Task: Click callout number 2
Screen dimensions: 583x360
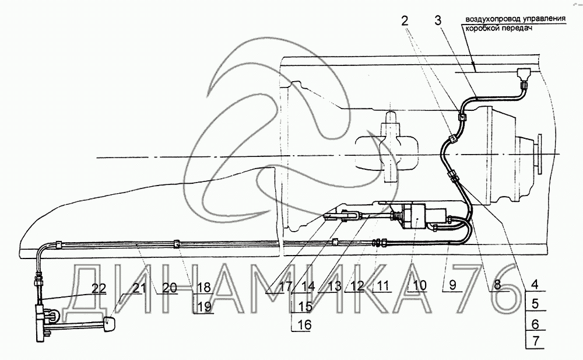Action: [405, 20]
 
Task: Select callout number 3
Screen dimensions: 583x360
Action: [438, 20]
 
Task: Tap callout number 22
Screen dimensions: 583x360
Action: [99, 288]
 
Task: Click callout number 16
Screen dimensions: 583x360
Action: [304, 325]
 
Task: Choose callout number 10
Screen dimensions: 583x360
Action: [419, 286]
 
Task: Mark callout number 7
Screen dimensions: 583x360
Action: [535, 341]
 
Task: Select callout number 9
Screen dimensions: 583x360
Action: [452, 286]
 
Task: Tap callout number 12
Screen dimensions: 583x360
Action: [357, 286]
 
